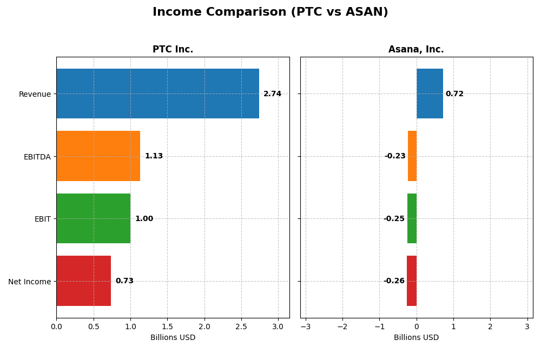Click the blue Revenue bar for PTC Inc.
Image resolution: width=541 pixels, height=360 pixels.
pyautogui.click(x=157, y=94)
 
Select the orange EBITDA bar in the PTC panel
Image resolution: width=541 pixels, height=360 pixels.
pyautogui.click(x=98, y=156)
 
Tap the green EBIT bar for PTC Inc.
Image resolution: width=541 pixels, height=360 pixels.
pyautogui.click(x=93, y=218)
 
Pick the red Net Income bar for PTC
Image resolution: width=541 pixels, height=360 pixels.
pyautogui.click(x=83, y=281)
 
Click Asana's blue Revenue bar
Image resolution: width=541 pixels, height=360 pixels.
pyautogui.click(x=430, y=94)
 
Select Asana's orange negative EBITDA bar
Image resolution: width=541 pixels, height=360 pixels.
pyautogui.click(x=412, y=156)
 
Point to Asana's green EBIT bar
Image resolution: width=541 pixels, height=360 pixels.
pyautogui.click(x=412, y=218)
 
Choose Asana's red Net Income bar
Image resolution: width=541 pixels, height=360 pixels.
pyautogui.click(x=412, y=281)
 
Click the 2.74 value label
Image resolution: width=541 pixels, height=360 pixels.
pyautogui.click(x=272, y=94)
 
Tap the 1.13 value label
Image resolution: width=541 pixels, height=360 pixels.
pyautogui.click(x=154, y=156)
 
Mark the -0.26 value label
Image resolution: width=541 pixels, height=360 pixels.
pyautogui.click(x=394, y=281)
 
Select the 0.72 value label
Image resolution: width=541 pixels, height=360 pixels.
pyautogui.click(x=454, y=94)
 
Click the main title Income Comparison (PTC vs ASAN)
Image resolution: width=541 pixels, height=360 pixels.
pyautogui.click(x=270, y=12)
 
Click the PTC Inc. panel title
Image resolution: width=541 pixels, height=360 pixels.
pyautogui.click(x=173, y=50)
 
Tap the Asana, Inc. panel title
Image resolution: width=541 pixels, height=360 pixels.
pyautogui.click(x=416, y=50)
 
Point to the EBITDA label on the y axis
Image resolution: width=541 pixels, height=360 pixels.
pyautogui.click(x=37, y=157)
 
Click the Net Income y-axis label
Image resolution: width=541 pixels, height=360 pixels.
pyautogui.click(x=29, y=282)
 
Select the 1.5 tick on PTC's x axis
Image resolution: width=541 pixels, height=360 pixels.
pyautogui.click(x=167, y=327)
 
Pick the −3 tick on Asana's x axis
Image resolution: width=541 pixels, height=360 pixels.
pyautogui.click(x=306, y=327)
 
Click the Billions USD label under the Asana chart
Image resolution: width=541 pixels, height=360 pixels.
pyautogui.click(x=416, y=338)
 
